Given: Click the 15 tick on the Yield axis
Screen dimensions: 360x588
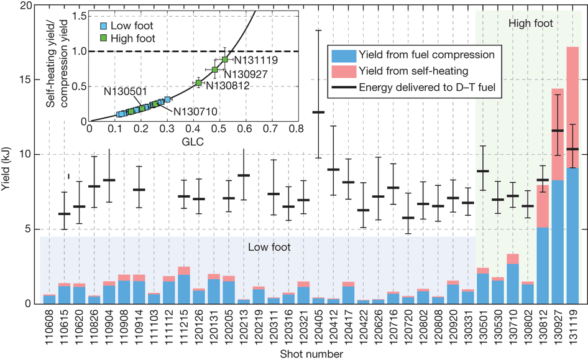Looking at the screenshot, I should point(25,79).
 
